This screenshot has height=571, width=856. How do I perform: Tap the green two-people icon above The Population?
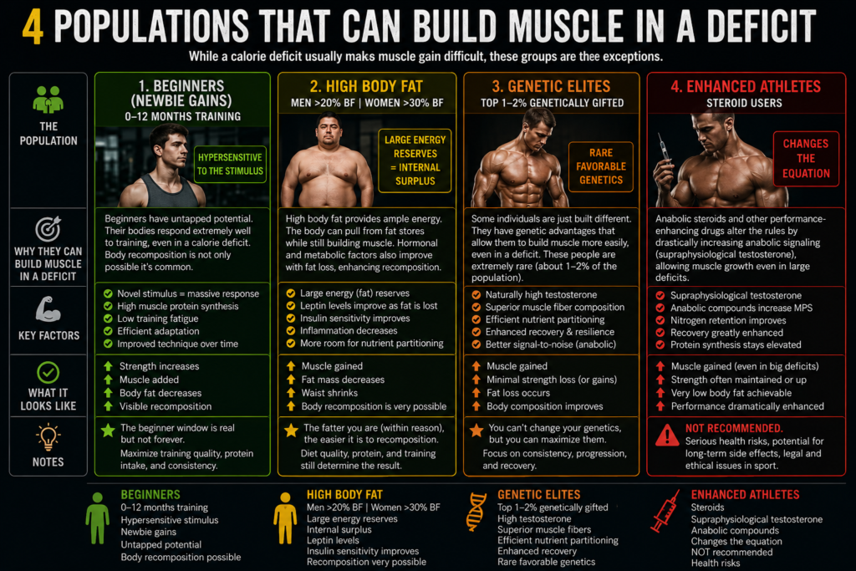point(48,99)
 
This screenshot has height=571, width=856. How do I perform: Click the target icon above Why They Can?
point(48,229)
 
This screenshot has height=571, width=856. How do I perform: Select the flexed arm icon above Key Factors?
point(48,309)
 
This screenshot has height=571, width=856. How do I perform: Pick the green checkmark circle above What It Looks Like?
point(48,373)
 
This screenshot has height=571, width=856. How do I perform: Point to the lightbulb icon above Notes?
point(48,436)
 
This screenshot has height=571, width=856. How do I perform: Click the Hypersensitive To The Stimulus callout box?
point(230,164)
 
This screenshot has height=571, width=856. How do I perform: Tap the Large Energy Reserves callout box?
point(415,161)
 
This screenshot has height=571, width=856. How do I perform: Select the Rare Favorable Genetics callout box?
point(600,166)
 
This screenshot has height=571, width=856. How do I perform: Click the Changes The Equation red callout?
point(806,159)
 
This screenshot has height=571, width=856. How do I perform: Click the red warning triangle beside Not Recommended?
point(667,435)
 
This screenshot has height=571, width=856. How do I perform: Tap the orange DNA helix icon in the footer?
point(476,512)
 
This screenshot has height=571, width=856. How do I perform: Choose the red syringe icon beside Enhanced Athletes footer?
point(665,511)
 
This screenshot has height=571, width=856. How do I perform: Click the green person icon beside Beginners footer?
point(97,518)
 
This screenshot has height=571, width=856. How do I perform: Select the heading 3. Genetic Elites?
point(551,86)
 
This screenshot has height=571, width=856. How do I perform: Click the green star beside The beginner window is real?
point(108,431)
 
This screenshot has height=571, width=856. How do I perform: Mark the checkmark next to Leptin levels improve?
point(291,306)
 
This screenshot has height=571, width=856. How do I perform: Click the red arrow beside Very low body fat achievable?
point(660,392)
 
